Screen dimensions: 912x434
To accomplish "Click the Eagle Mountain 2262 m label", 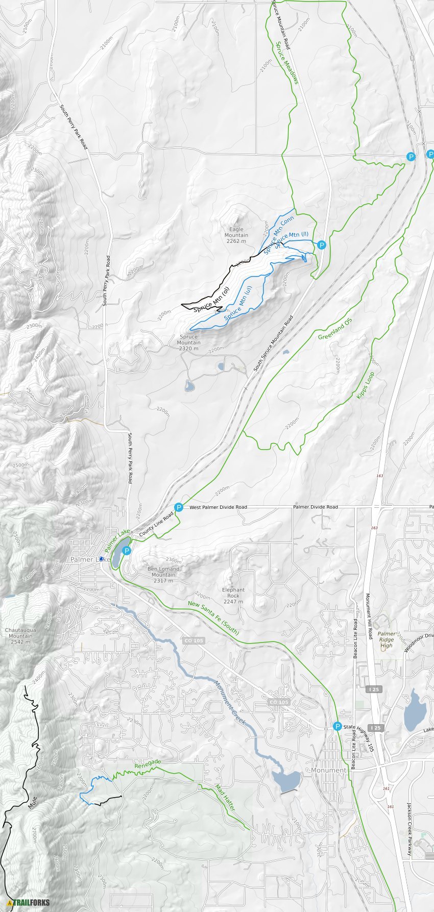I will click(236, 235).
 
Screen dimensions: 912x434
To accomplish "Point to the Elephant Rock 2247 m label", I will click(233, 596).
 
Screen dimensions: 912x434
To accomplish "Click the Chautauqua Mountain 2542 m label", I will click(20, 636).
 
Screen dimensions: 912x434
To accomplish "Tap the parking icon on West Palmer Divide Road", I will click(178, 507).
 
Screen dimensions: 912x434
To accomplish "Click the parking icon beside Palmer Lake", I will click(127, 551).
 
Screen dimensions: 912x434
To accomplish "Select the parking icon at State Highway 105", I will click(337, 726).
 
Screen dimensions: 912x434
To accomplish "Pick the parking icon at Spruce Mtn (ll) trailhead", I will click(321, 245).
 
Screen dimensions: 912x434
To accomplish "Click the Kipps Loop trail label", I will click(366, 385).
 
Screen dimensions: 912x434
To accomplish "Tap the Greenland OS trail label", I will click(335, 329).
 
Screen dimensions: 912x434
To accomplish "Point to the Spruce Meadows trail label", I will click(287, 63).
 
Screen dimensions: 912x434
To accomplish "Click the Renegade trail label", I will click(148, 764).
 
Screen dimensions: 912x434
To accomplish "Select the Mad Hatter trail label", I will click(225, 798).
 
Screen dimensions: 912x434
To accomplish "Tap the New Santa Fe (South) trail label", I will click(213, 617).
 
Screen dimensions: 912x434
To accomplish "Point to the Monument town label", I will click(329, 770).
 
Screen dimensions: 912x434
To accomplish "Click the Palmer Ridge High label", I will click(387, 639).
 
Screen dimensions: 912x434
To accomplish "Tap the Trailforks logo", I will click(26, 902).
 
